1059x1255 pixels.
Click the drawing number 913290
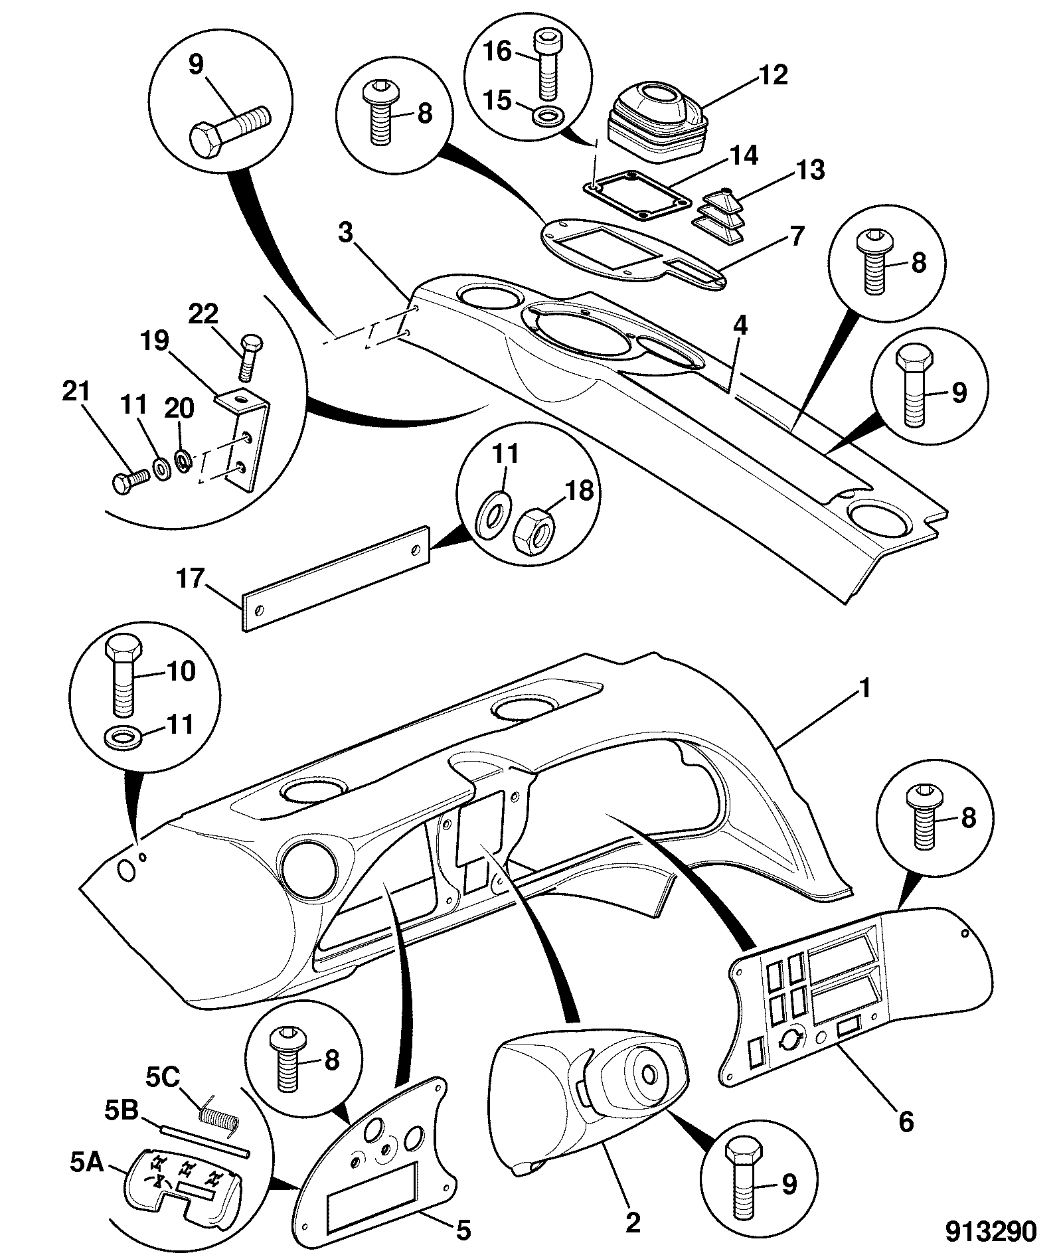tap(991, 1231)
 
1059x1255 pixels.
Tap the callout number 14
tap(742, 155)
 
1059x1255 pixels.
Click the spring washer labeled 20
tap(183, 459)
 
